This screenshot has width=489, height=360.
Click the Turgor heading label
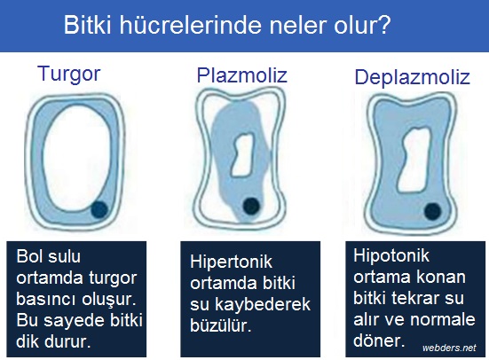pyautogui.click(x=69, y=74)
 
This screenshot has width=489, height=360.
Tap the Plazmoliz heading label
pyautogui.click(x=241, y=75)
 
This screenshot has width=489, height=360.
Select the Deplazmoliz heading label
pyautogui.click(x=413, y=78)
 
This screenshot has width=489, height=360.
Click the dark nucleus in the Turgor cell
pyautogui.click(x=99, y=209)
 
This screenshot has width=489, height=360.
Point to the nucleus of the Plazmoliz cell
pyautogui.click(x=251, y=206)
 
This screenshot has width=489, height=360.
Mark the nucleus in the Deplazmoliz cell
pyautogui.click(x=433, y=211)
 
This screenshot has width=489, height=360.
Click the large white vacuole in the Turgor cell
pyautogui.click(x=76, y=158)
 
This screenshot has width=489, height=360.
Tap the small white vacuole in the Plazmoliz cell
pyautogui.click(x=242, y=154)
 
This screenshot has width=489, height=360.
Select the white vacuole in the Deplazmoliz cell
pyautogui.click(x=414, y=160)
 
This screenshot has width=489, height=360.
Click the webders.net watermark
pyautogui.click(x=449, y=348)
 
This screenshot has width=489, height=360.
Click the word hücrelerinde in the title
pyautogui.click(x=190, y=25)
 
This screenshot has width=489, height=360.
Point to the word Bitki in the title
pyautogui.click(x=88, y=25)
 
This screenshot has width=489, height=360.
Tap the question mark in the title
pyautogui.click(x=385, y=25)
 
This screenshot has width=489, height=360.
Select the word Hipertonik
pyautogui.click(x=231, y=262)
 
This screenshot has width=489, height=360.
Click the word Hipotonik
pyautogui.click(x=391, y=255)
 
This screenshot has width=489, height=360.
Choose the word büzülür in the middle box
pyautogui.click(x=220, y=325)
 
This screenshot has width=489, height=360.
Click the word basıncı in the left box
pyautogui.click(x=46, y=299)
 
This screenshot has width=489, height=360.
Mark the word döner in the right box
pyautogui.click(x=379, y=340)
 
